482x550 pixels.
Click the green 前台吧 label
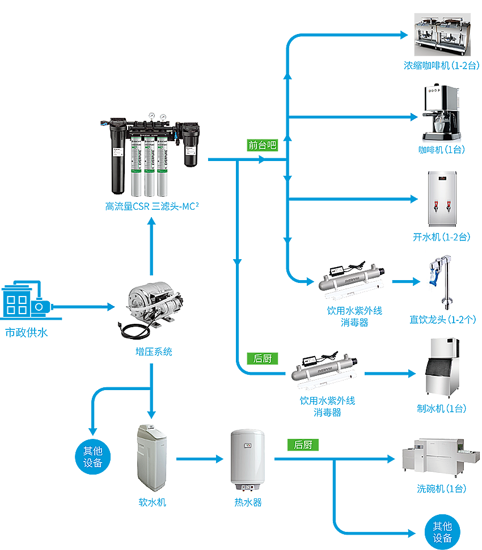point(262,145)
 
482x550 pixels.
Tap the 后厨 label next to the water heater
point(303,445)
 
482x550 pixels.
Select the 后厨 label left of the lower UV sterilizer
point(263,358)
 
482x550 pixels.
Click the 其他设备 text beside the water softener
point(92,456)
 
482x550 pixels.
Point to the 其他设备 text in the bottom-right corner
point(442,532)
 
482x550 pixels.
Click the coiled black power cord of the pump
point(133,332)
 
